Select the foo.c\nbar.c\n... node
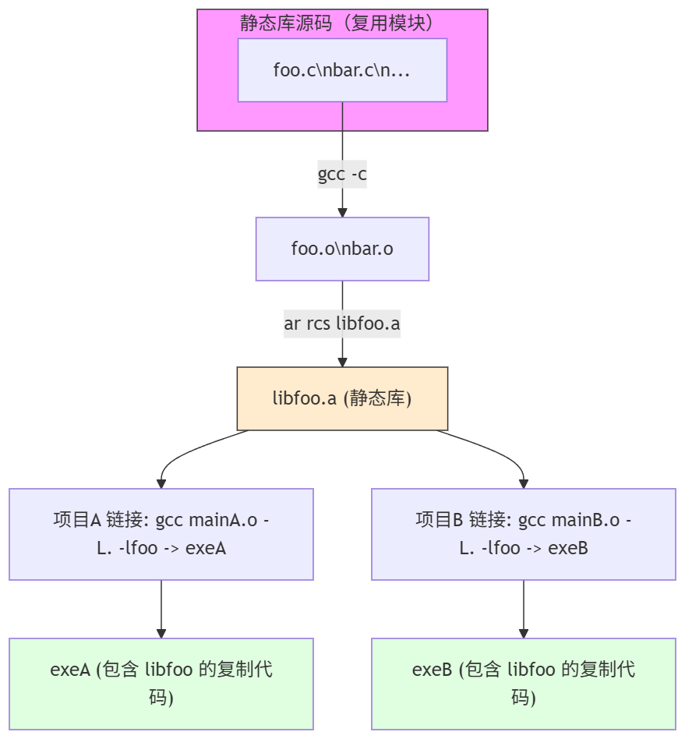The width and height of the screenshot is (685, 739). tap(342, 70)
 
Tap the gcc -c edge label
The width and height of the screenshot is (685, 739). tap(342, 175)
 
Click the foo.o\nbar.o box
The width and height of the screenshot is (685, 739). tap(342, 249)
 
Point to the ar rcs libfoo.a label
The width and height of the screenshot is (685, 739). tap(342, 323)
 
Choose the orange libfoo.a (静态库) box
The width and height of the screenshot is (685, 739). tap(342, 398)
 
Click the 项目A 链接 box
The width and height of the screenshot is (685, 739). tap(161, 534)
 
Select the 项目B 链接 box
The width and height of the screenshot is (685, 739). tap(524, 534)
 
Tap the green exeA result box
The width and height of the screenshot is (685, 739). tap(161, 684)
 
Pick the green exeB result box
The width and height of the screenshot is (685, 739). tap(524, 684)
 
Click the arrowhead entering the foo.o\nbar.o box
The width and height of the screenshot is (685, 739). tap(342, 212)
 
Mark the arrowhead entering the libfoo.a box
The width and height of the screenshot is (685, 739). tap(342, 362)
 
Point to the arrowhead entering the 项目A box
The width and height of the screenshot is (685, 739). tap(161, 483)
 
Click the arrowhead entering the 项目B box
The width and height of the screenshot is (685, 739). tap(524, 483)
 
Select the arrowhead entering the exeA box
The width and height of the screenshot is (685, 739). tap(161, 632)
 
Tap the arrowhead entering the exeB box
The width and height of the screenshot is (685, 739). tap(524, 632)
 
